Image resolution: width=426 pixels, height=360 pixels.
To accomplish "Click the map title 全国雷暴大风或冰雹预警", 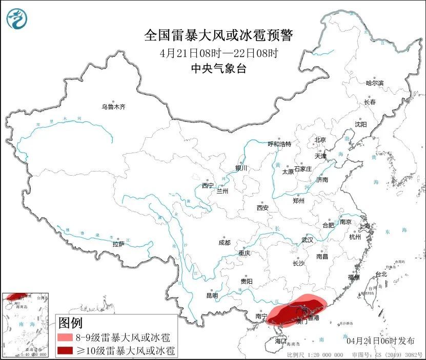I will click(218, 35).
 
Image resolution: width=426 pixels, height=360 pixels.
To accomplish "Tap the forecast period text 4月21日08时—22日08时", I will click(218, 53).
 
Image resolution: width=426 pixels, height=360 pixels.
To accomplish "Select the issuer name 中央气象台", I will click(218, 68).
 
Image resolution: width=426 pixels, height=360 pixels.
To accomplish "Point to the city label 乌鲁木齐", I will click(113, 107).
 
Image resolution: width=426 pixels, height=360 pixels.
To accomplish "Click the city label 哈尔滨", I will click(375, 83).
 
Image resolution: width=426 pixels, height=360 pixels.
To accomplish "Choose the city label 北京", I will click(320, 139).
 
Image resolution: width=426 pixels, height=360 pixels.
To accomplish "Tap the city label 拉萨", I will click(118, 244).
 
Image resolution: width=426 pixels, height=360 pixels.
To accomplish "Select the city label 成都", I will click(224, 242).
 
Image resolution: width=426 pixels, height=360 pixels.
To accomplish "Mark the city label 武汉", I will click(308, 240).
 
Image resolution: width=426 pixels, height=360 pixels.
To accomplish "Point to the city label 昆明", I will click(212, 295).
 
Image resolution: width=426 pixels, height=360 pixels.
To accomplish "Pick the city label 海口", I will click(280, 341).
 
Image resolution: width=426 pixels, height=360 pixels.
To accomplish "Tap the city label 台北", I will click(381, 274).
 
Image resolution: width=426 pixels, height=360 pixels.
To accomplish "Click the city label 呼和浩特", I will click(279, 143).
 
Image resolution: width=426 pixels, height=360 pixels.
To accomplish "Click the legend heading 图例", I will click(71, 323).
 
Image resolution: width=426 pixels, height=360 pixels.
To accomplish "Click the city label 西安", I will click(262, 208).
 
